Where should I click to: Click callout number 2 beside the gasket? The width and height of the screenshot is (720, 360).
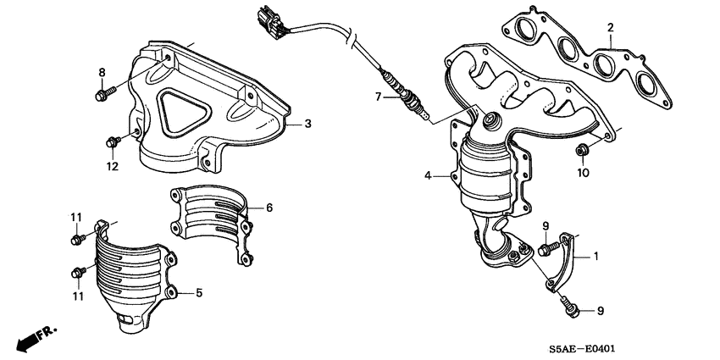(x=609, y=28)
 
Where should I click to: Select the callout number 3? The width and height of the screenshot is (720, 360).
(x=307, y=124)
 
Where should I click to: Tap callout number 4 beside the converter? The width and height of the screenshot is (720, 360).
(x=429, y=176)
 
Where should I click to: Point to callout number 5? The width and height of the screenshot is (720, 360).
(x=198, y=293)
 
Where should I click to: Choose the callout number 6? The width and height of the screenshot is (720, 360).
(x=269, y=207)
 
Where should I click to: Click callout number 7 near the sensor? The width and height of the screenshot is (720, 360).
(x=379, y=97)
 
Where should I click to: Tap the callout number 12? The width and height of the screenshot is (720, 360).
(x=112, y=166)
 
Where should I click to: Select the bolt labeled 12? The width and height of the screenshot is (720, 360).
(x=114, y=141)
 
